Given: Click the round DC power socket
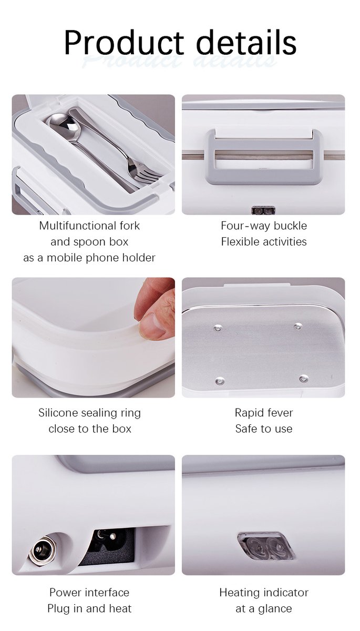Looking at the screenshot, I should point(40,552).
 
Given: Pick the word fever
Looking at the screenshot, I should point(279,413).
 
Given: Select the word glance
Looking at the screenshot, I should point(275,609).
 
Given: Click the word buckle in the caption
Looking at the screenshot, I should point(288,226).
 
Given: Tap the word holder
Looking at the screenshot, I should point(137,258).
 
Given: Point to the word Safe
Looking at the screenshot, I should point(246,429).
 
